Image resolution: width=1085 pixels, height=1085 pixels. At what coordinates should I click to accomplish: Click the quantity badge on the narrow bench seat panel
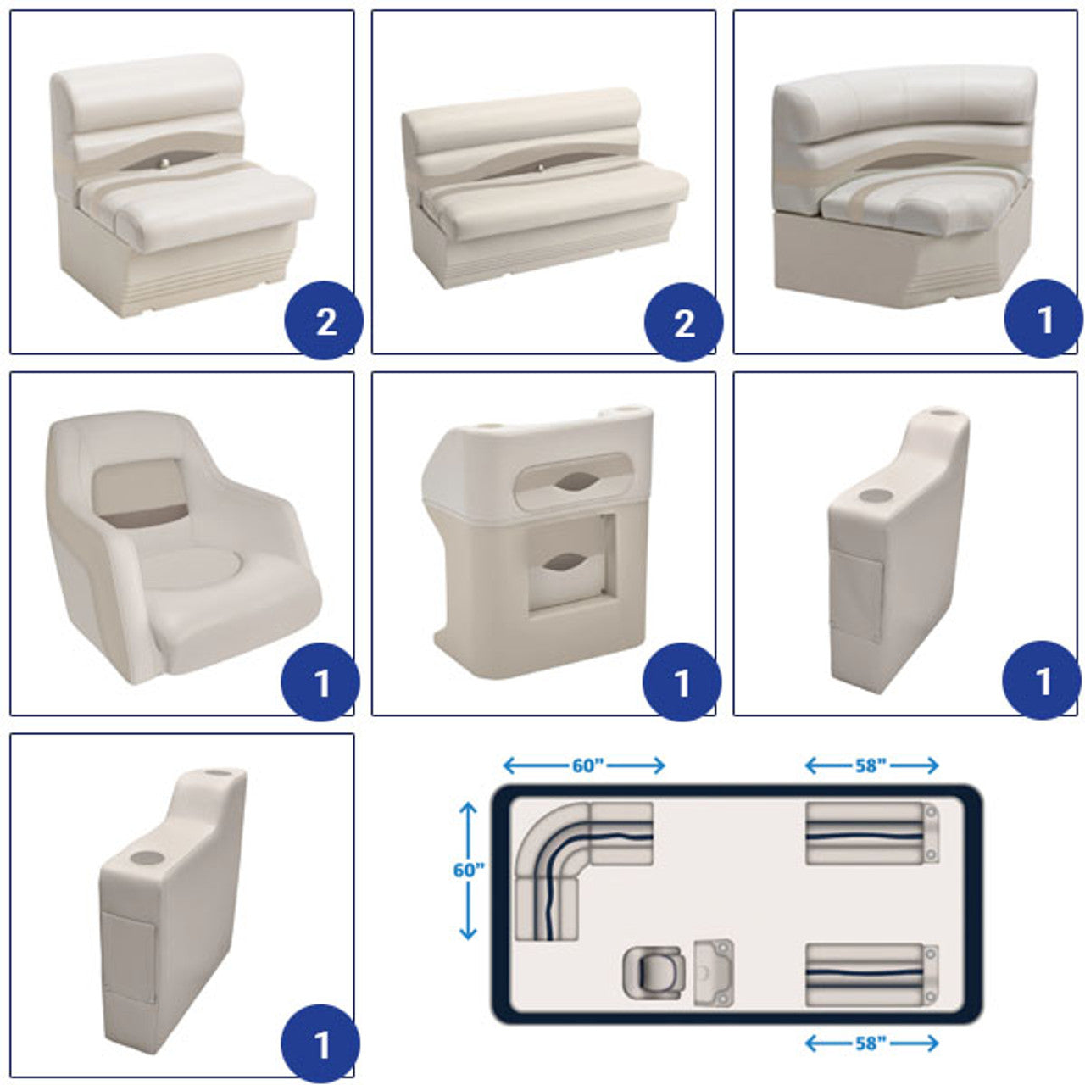click(325, 320)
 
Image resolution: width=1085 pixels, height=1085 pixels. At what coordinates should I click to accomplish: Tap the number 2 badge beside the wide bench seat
click(683, 322)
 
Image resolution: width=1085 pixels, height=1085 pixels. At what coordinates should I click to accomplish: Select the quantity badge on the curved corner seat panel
click(1043, 318)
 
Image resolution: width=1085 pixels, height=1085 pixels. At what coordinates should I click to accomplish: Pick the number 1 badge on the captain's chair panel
click(320, 682)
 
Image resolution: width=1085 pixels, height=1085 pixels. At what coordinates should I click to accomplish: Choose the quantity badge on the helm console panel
click(682, 682)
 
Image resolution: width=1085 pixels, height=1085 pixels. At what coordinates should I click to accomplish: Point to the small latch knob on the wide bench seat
click(539, 167)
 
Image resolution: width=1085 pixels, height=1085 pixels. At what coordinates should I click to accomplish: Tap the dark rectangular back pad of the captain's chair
click(140, 493)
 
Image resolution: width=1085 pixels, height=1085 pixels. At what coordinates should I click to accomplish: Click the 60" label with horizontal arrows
click(584, 765)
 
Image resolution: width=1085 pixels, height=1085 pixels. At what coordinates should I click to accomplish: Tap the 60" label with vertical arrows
click(469, 870)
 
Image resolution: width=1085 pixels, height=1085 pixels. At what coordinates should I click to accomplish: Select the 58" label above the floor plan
click(871, 765)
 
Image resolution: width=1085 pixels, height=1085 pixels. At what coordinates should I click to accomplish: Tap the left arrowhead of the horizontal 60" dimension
click(509, 765)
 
